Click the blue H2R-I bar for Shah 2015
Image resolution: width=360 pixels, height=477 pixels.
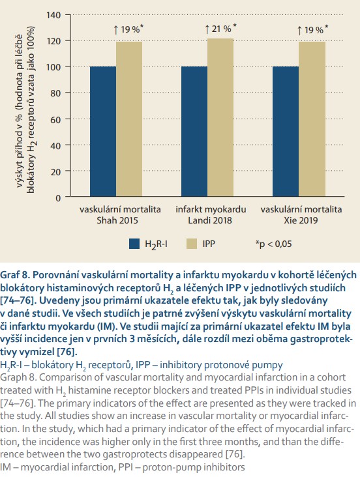tap(103, 132)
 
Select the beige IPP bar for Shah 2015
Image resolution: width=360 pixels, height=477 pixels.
tap(129, 119)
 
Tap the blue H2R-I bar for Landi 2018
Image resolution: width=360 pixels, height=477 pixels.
tap(194, 132)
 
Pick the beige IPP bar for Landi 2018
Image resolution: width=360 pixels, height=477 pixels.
tap(220, 117)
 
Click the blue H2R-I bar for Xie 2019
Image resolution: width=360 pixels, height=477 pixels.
tap(286, 132)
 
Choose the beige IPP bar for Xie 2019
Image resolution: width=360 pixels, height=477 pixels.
tap(312, 119)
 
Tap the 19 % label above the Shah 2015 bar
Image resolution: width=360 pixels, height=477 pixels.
tap(128, 29)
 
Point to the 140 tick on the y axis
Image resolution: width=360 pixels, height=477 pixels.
tap(53, 15)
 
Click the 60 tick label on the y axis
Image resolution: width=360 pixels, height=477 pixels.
tap(56, 119)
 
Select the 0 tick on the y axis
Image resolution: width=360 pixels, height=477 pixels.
tap(58, 198)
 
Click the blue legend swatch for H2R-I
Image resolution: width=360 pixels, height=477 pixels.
tap(134, 244)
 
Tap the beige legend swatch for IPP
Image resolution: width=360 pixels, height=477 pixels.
tap(192, 244)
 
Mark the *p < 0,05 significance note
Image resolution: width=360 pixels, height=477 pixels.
tap(273, 244)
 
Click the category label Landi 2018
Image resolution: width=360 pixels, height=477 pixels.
tap(210, 220)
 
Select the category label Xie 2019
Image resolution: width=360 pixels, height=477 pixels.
tap(301, 220)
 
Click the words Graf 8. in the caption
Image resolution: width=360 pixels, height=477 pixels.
tap(14, 275)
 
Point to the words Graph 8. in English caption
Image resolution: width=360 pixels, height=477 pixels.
tap(18, 377)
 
